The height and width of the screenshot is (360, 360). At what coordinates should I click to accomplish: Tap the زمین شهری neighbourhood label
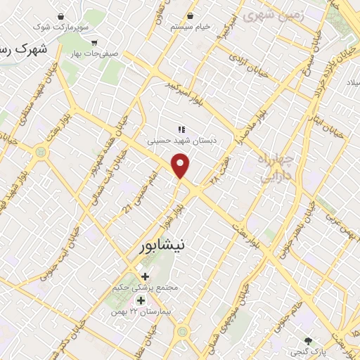click(266, 13)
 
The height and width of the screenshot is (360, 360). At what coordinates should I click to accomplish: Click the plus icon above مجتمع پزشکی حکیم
click(145, 276)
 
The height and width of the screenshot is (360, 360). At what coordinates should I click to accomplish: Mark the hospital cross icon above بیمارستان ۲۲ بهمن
click(141, 300)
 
